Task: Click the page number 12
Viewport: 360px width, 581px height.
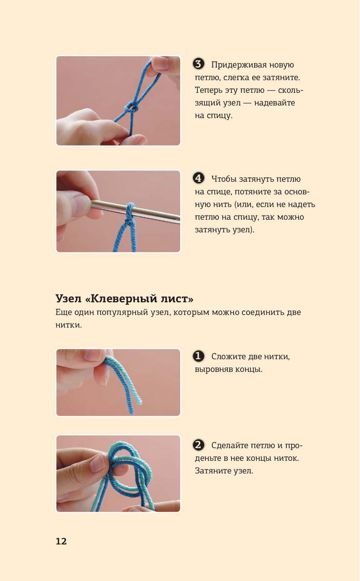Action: tap(61, 541)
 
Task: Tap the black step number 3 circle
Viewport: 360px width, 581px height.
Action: tap(198, 64)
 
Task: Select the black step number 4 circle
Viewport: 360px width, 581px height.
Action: tap(198, 178)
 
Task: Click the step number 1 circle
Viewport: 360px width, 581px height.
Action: tap(198, 356)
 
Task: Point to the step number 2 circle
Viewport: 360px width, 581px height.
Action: tap(198, 445)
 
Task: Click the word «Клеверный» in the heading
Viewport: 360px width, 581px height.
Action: tap(121, 299)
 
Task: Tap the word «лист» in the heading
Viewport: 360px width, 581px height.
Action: tap(177, 299)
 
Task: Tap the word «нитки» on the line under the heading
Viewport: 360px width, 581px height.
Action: tap(68, 325)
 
